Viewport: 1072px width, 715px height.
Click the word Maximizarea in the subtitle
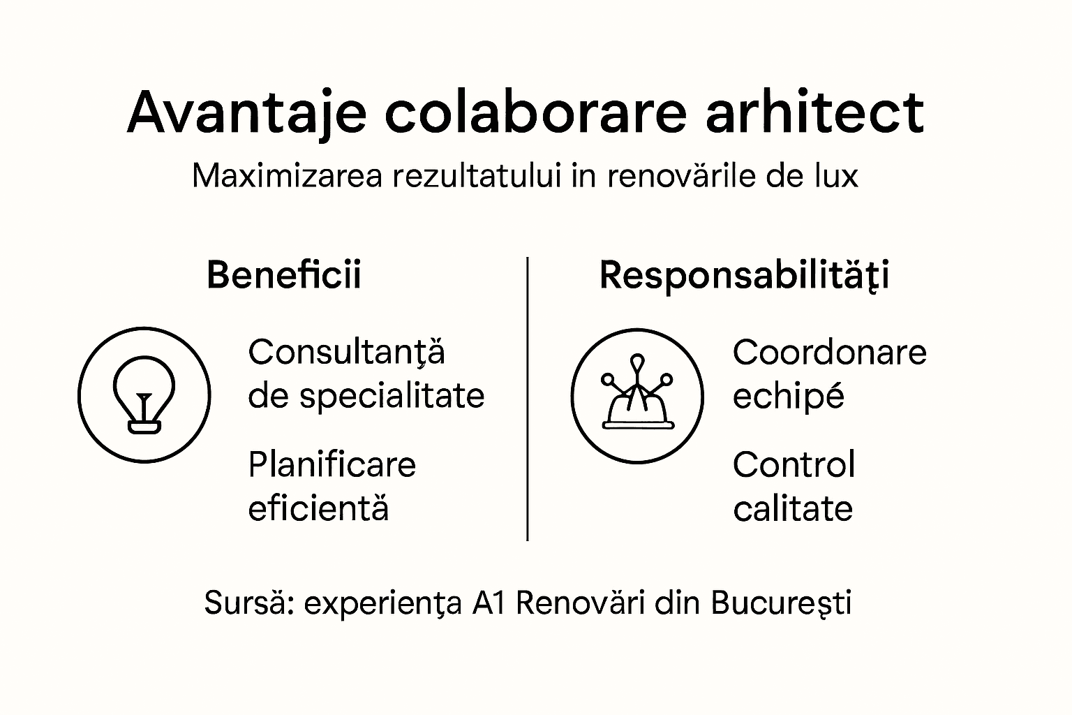[x=287, y=176]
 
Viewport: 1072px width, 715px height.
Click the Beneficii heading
[x=284, y=274]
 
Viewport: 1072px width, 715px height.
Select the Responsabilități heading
[x=744, y=275]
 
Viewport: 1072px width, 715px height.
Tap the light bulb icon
[x=144, y=395]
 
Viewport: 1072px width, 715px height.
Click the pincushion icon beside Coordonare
[x=636, y=396]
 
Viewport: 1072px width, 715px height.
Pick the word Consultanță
[x=346, y=352]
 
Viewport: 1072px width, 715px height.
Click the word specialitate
[x=392, y=396]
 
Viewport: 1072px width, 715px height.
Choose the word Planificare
[x=332, y=465]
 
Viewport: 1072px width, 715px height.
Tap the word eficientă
[x=318, y=508]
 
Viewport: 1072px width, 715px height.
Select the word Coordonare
[x=829, y=352]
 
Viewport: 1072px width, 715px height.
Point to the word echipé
[x=789, y=396]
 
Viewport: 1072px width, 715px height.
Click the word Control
[x=794, y=465]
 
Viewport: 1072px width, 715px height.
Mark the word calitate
[x=793, y=508]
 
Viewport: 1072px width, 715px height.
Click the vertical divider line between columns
[x=528, y=398]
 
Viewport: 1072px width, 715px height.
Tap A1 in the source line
[x=488, y=603]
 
